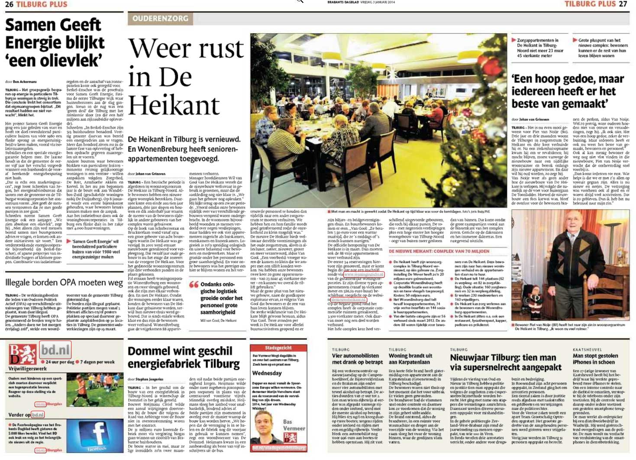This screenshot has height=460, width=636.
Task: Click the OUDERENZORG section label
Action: point(160,19)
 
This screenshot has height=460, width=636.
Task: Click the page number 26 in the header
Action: point(9,4)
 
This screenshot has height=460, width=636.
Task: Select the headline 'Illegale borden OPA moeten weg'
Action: point(64,283)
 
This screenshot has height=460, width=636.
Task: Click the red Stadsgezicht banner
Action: point(278,348)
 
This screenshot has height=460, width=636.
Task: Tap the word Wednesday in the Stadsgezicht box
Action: point(267,373)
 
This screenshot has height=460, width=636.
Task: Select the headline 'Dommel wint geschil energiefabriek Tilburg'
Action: point(184,357)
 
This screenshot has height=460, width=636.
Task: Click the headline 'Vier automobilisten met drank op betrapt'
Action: point(357,359)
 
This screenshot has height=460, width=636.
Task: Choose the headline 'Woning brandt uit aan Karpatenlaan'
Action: point(410,359)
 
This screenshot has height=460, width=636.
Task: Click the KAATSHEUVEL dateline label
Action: point(587,350)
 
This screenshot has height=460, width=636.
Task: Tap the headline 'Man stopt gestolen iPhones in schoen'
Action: point(595,359)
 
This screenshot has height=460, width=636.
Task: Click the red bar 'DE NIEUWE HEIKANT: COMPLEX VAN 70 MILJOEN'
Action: point(439,251)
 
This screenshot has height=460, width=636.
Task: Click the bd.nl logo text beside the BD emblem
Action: point(55,349)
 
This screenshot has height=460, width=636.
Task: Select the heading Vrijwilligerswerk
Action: point(28,369)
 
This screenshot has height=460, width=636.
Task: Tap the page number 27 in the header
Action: point(623,4)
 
